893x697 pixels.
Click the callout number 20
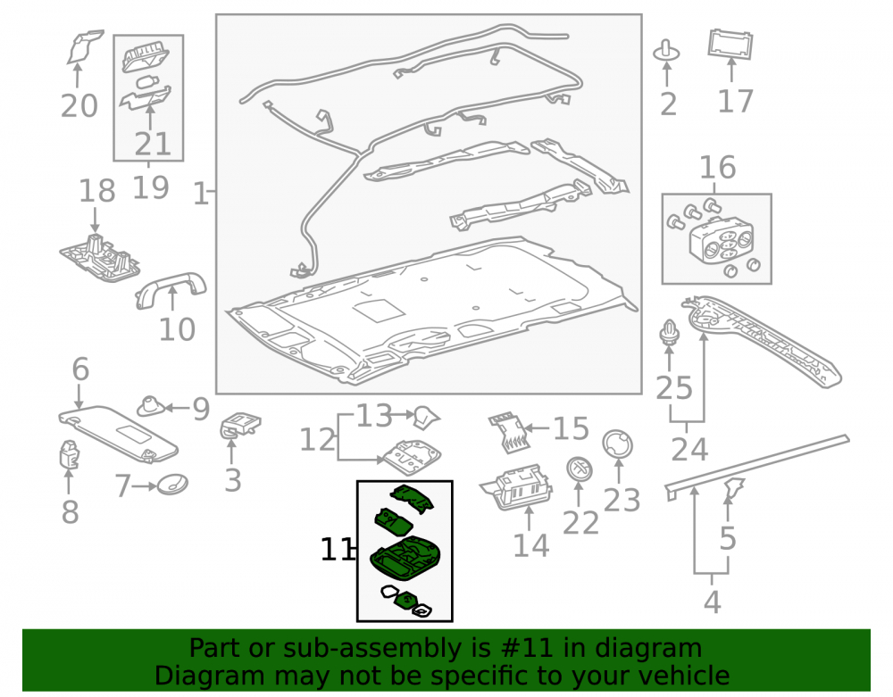point(79,106)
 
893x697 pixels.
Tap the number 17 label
point(735,101)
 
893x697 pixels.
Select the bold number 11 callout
point(336,550)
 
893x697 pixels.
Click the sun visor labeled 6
point(118,433)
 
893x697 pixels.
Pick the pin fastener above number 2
point(666,51)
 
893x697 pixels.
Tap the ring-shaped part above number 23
point(617,444)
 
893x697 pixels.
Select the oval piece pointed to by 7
point(172,485)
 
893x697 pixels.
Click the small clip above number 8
point(69,453)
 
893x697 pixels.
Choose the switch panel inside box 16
point(722,241)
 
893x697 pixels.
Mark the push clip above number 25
point(670,332)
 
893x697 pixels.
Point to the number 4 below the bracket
point(712,602)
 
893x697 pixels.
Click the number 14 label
point(530,545)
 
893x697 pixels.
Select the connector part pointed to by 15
point(509,433)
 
